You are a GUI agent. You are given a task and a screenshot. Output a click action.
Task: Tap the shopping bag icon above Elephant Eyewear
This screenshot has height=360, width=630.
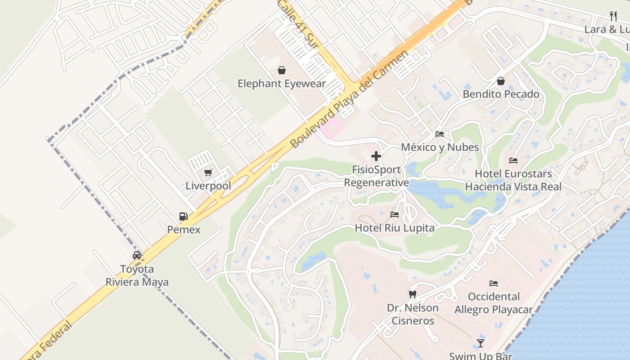pos(282,70)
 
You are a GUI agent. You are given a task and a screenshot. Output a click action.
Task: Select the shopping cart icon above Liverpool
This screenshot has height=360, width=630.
pos(208,173)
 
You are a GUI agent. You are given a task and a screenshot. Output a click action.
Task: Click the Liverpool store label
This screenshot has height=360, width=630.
pos(208,186)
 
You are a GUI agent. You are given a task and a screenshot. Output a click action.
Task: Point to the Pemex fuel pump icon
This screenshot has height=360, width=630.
pos(183,216)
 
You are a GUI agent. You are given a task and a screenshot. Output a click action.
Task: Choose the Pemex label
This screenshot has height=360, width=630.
pos(184,229)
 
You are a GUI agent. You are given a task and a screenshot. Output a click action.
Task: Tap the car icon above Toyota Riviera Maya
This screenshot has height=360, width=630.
pos(137,256)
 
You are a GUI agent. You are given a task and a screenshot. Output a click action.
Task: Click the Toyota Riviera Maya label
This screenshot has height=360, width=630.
pos(137,275)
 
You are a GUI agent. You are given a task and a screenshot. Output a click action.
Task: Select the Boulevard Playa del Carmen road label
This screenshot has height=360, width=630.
pos(349,99)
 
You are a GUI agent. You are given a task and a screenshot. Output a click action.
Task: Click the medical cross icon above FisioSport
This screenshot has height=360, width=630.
pos(376,157)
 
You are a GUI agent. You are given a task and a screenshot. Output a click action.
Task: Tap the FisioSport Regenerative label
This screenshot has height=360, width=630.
pos(377,176)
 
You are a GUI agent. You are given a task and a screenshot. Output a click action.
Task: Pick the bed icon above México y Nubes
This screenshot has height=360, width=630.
pos(440,134)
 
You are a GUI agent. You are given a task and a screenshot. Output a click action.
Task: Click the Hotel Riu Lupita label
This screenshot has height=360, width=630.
pos(395,228)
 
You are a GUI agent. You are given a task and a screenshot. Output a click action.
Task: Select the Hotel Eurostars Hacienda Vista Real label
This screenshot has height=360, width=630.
pos(513,180)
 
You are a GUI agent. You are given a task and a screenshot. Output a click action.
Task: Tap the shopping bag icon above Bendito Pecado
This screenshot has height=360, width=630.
pos(501,81)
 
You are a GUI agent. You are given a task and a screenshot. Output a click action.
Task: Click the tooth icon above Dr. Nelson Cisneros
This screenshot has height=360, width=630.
pos(412,295)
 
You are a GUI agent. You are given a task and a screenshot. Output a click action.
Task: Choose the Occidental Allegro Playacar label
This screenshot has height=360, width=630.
pos(494,303)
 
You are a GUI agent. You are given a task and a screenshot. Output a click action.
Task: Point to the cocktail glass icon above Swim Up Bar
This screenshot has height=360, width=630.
pos(481,343)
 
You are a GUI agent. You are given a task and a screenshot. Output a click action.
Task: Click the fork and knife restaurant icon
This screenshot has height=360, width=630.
pos(613,17)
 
